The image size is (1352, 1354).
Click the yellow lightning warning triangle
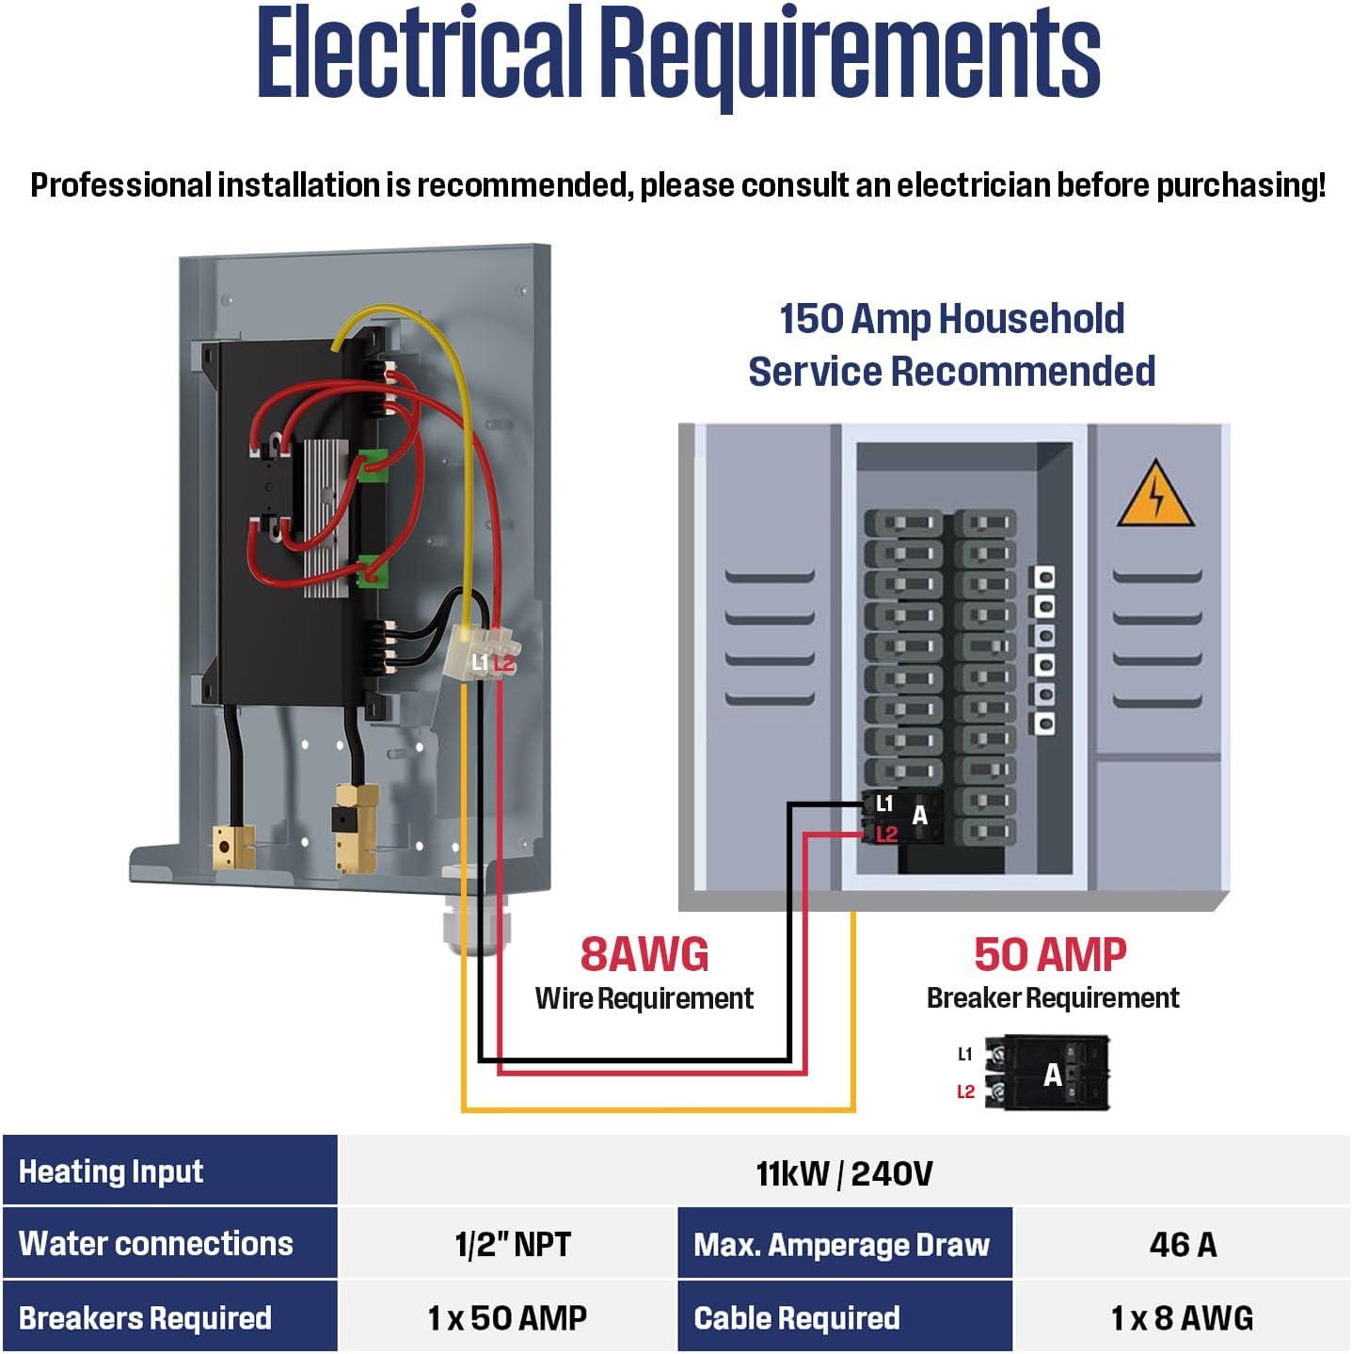(1154, 495)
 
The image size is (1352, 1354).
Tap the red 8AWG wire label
(644, 954)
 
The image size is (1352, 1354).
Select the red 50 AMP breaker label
(1051, 954)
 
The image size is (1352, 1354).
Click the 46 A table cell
(1182, 1244)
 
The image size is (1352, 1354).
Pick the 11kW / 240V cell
(844, 1172)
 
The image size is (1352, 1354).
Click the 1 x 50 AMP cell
(507, 1317)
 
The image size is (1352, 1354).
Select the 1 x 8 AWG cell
(1182, 1317)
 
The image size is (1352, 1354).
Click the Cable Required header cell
(845, 1317)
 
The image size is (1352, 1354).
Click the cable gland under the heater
(470, 923)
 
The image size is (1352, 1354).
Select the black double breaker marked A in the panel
(904, 817)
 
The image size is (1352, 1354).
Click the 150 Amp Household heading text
(951, 319)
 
